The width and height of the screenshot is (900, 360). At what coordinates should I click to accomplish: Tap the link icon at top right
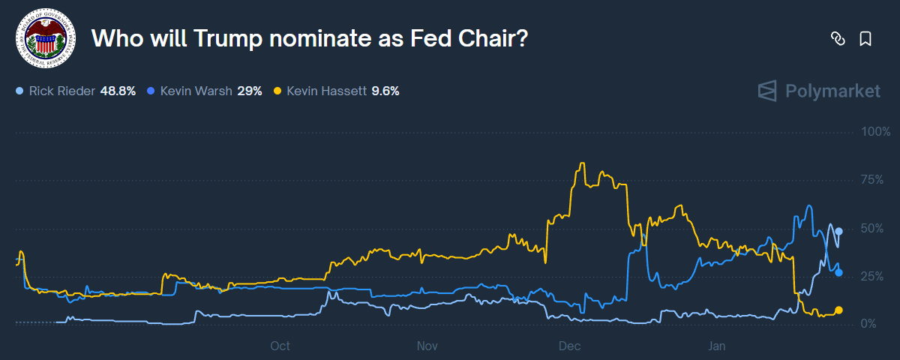coord(838,39)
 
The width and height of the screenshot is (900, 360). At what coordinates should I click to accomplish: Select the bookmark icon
coord(865,39)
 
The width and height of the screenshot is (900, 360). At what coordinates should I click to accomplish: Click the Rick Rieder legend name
coord(61,91)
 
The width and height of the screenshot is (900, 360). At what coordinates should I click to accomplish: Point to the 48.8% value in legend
coord(118,91)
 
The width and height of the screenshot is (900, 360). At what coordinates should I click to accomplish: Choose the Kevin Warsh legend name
coord(196,91)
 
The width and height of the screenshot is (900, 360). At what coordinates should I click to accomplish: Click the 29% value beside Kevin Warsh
coord(250,91)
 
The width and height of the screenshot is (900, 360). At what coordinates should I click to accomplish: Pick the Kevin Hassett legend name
coord(326,91)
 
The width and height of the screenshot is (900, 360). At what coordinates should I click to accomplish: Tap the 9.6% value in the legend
coord(385,91)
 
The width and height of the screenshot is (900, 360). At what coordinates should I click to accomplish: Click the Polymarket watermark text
coord(832,91)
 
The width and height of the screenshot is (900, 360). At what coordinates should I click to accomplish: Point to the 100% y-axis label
coord(875,132)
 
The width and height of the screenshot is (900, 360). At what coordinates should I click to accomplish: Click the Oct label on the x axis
coord(280,346)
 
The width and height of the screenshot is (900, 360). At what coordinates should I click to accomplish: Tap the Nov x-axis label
coord(427,346)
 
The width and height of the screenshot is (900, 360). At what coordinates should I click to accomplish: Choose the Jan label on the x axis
coord(717,346)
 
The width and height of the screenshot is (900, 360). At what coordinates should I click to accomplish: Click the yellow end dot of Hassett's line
coord(838,310)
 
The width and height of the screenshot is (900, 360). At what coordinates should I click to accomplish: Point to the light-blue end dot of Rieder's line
coord(839,231)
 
